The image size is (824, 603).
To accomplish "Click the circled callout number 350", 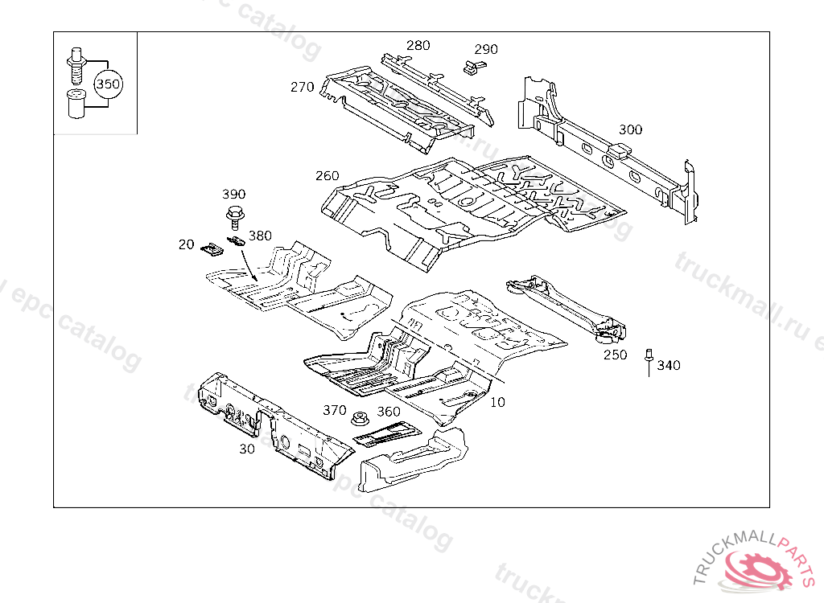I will pyautogui.click(x=109, y=84).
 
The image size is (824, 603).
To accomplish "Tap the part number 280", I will pyautogui.click(x=418, y=45).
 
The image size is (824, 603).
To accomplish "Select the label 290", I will pyautogui.click(x=485, y=49).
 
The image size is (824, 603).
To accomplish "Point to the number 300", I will pyautogui.click(x=630, y=129).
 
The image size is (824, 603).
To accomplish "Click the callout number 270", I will pyautogui.click(x=302, y=87).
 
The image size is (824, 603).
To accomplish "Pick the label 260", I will pyautogui.click(x=328, y=176).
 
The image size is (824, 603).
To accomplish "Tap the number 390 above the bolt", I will pyautogui.click(x=233, y=195).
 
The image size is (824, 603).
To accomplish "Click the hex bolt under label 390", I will pyautogui.click(x=235, y=215).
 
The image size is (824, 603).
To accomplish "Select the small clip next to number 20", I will pyautogui.click(x=212, y=248).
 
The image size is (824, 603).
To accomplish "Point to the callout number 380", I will pyautogui.click(x=260, y=236).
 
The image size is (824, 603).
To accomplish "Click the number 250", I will pyautogui.click(x=616, y=355).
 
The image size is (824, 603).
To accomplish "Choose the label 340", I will pyautogui.click(x=668, y=366).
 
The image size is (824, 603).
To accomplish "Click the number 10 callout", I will pyautogui.click(x=498, y=402).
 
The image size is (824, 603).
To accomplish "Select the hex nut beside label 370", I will pyautogui.click(x=360, y=419).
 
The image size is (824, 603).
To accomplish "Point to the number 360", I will pyautogui.click(x=389, y=412).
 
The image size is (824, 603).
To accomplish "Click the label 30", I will pyautogui.click(x=247, y=449).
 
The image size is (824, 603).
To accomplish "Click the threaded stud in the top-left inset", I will pyautogui.click(x=76, y=65).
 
